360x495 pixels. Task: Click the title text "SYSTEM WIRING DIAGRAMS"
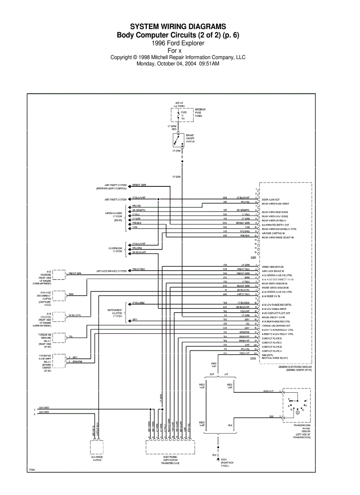tap(178, 27)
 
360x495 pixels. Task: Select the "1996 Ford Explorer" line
tap(178, 43)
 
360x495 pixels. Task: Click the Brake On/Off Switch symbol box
tap(179, 141)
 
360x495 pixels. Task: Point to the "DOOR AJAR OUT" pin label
tap(270, 200)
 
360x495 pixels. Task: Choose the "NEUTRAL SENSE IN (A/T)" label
tap(275, 357)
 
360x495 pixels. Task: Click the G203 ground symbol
tap(218, 459)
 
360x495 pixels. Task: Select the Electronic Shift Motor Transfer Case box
tap(170, 448)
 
